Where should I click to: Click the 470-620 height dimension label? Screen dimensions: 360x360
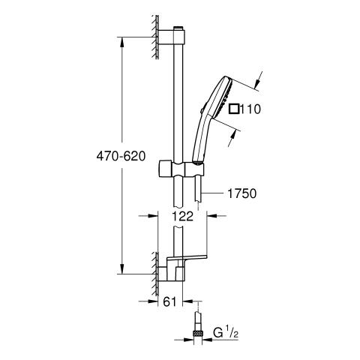point(121,157)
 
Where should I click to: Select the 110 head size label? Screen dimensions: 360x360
point(250,109)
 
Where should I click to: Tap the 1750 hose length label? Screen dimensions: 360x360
point(242,193)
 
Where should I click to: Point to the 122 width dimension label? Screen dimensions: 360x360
point(183,216)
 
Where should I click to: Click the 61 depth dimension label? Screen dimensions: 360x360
point(170,301)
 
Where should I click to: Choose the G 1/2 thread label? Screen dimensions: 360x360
point(225,334)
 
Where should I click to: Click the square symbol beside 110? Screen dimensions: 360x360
point(234,109)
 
